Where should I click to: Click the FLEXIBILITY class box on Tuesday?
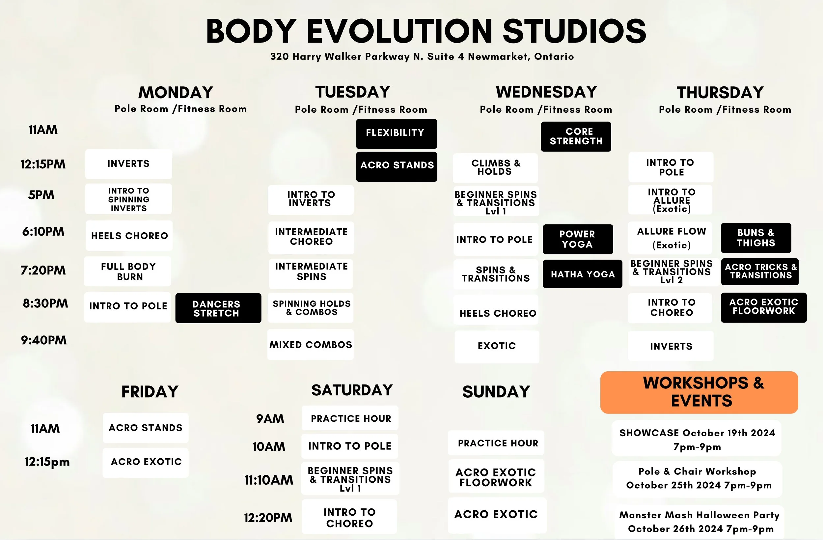coord(396,133)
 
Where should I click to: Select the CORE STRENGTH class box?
coord(576,136)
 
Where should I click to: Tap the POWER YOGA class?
coord(578,239)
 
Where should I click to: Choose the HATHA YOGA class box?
coord(582,274)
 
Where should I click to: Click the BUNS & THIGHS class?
coord(756,238)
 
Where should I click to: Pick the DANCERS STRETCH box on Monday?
coord(218,308)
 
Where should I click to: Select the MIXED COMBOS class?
coord(311,345)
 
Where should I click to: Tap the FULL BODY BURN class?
coord(128,271)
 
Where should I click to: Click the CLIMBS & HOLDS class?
coord(495,168)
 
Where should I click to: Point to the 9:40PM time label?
coord(43,340)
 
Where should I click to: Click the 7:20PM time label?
coord(43,270)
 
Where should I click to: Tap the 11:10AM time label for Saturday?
coord(268,480)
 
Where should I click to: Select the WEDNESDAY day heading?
coord(546,92)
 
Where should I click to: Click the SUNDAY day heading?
coord(496,392)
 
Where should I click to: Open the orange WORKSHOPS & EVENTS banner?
coord(699,392)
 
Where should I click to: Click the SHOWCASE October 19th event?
coord(697,439)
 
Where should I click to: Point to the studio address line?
coord(422,56)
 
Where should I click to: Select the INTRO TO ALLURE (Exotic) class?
coord(671,200)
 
